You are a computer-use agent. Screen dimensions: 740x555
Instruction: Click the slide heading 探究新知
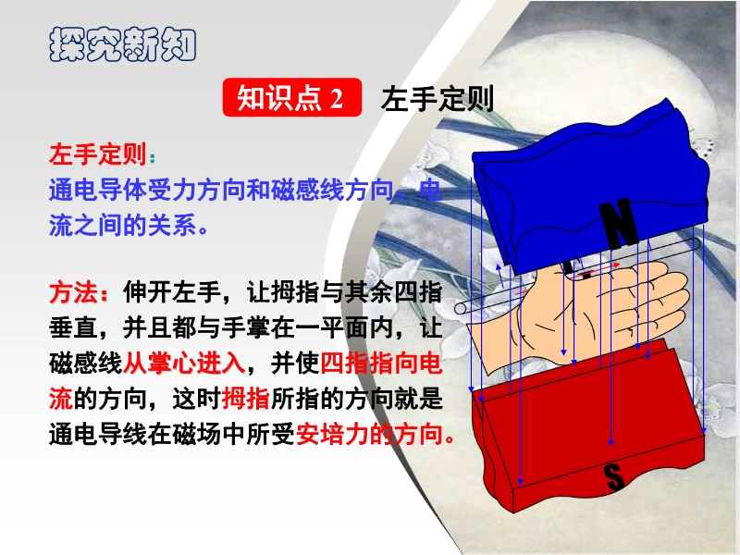tap(123, 44)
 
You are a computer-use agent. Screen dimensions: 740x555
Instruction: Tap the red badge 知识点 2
tap(292, 98)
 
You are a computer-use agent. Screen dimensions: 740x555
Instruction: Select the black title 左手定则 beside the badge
tap(437, 98)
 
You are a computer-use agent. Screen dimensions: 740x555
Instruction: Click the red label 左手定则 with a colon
tap(102, 154)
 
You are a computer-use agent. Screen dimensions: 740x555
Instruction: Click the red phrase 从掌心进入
tap(184, 363)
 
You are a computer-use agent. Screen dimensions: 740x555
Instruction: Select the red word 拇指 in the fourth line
tap(245, 399)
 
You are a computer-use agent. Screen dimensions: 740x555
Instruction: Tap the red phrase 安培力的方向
tap(376, 434)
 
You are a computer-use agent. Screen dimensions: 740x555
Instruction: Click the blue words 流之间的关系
tap(123, 225)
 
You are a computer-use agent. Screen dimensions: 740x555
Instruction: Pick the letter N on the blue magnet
tap(619, 225)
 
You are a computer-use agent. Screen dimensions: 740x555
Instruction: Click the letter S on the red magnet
tap(614, 476)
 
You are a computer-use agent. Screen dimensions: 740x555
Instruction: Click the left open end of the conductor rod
tap(461, 309)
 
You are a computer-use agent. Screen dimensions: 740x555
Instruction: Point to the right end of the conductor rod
tap(696, 243)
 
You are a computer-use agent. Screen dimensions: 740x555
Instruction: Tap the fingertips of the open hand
tap(680, 292)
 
